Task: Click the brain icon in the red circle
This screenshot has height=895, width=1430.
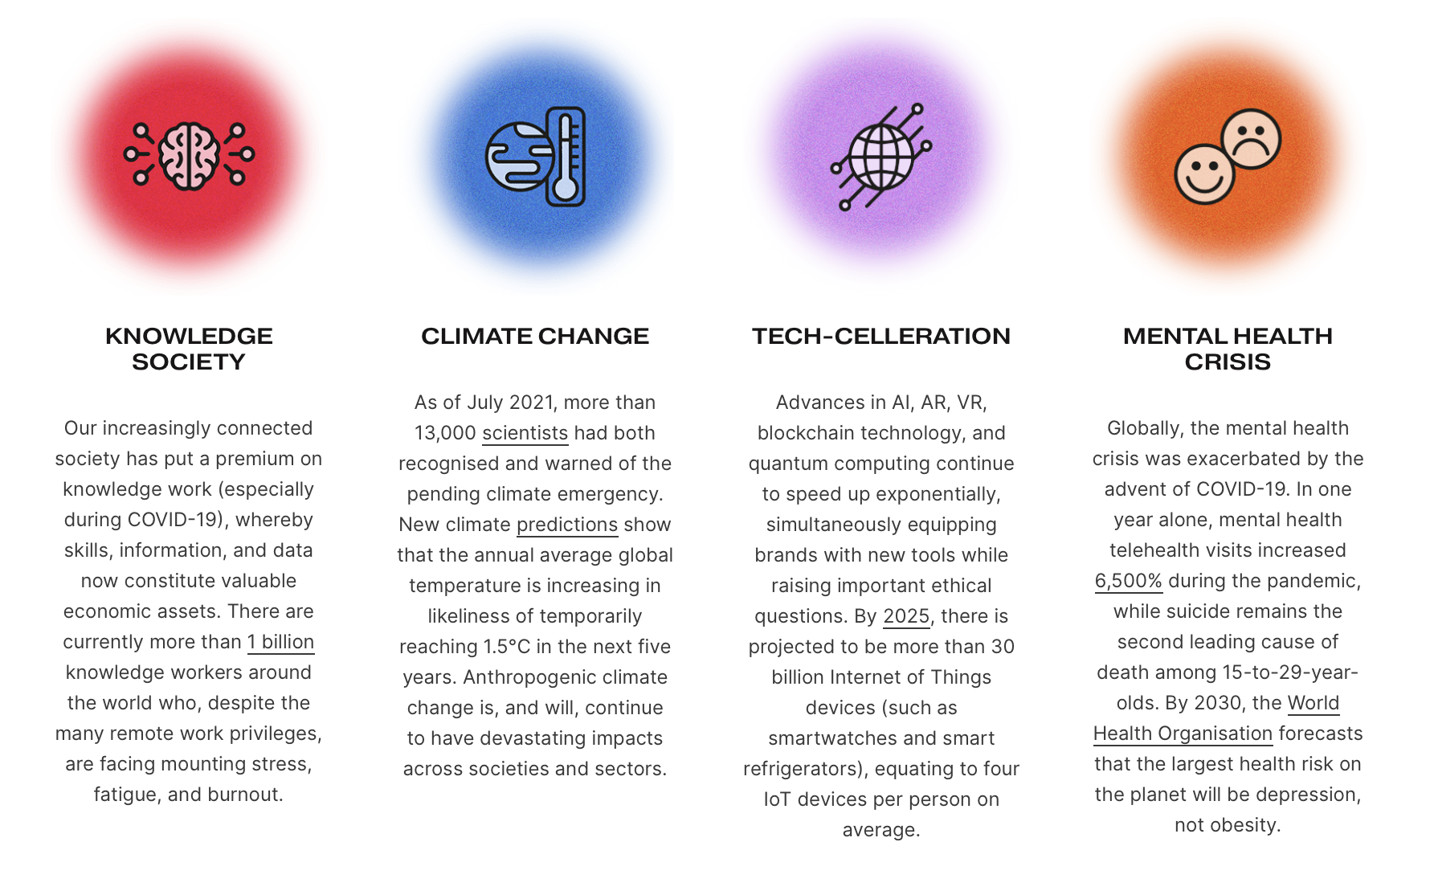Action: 189,156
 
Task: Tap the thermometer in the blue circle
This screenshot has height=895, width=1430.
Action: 566,156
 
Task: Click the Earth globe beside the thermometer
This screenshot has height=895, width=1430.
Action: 518,157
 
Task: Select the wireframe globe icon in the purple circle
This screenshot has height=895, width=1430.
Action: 881,157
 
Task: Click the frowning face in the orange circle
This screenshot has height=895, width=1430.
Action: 1251,138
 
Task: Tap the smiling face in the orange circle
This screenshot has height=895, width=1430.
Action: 1204,174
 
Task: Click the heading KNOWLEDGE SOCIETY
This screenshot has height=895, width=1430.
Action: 189,349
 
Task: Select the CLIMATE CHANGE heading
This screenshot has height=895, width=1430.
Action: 535,336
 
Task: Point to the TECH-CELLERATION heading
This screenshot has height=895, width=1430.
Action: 881,336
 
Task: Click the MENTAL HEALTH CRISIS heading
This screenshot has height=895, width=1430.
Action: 1228,349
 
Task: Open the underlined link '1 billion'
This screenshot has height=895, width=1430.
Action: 280,642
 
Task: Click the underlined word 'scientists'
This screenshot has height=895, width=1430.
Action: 525,433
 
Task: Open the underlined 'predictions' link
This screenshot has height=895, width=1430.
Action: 567,525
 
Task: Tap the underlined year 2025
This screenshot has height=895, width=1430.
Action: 906,616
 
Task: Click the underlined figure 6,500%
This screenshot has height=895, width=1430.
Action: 1129,581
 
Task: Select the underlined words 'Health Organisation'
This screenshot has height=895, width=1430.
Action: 1183,734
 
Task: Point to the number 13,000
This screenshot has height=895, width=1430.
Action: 445,433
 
